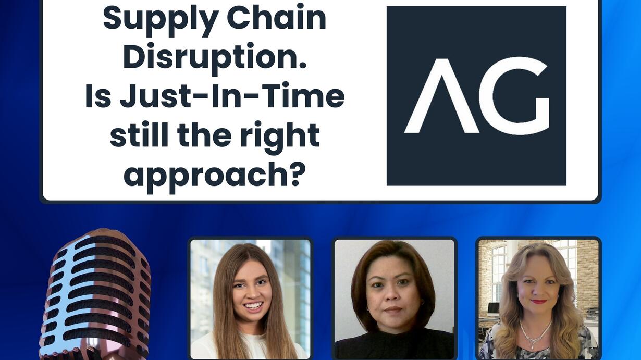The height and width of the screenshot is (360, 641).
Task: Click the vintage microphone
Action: pyautogui.click(x=96, y=295)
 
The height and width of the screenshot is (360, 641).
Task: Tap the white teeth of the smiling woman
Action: pyautogui.click(x=253, y=306)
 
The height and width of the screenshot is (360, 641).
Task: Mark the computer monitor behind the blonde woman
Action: pyautogui.click(x=493, y=309)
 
